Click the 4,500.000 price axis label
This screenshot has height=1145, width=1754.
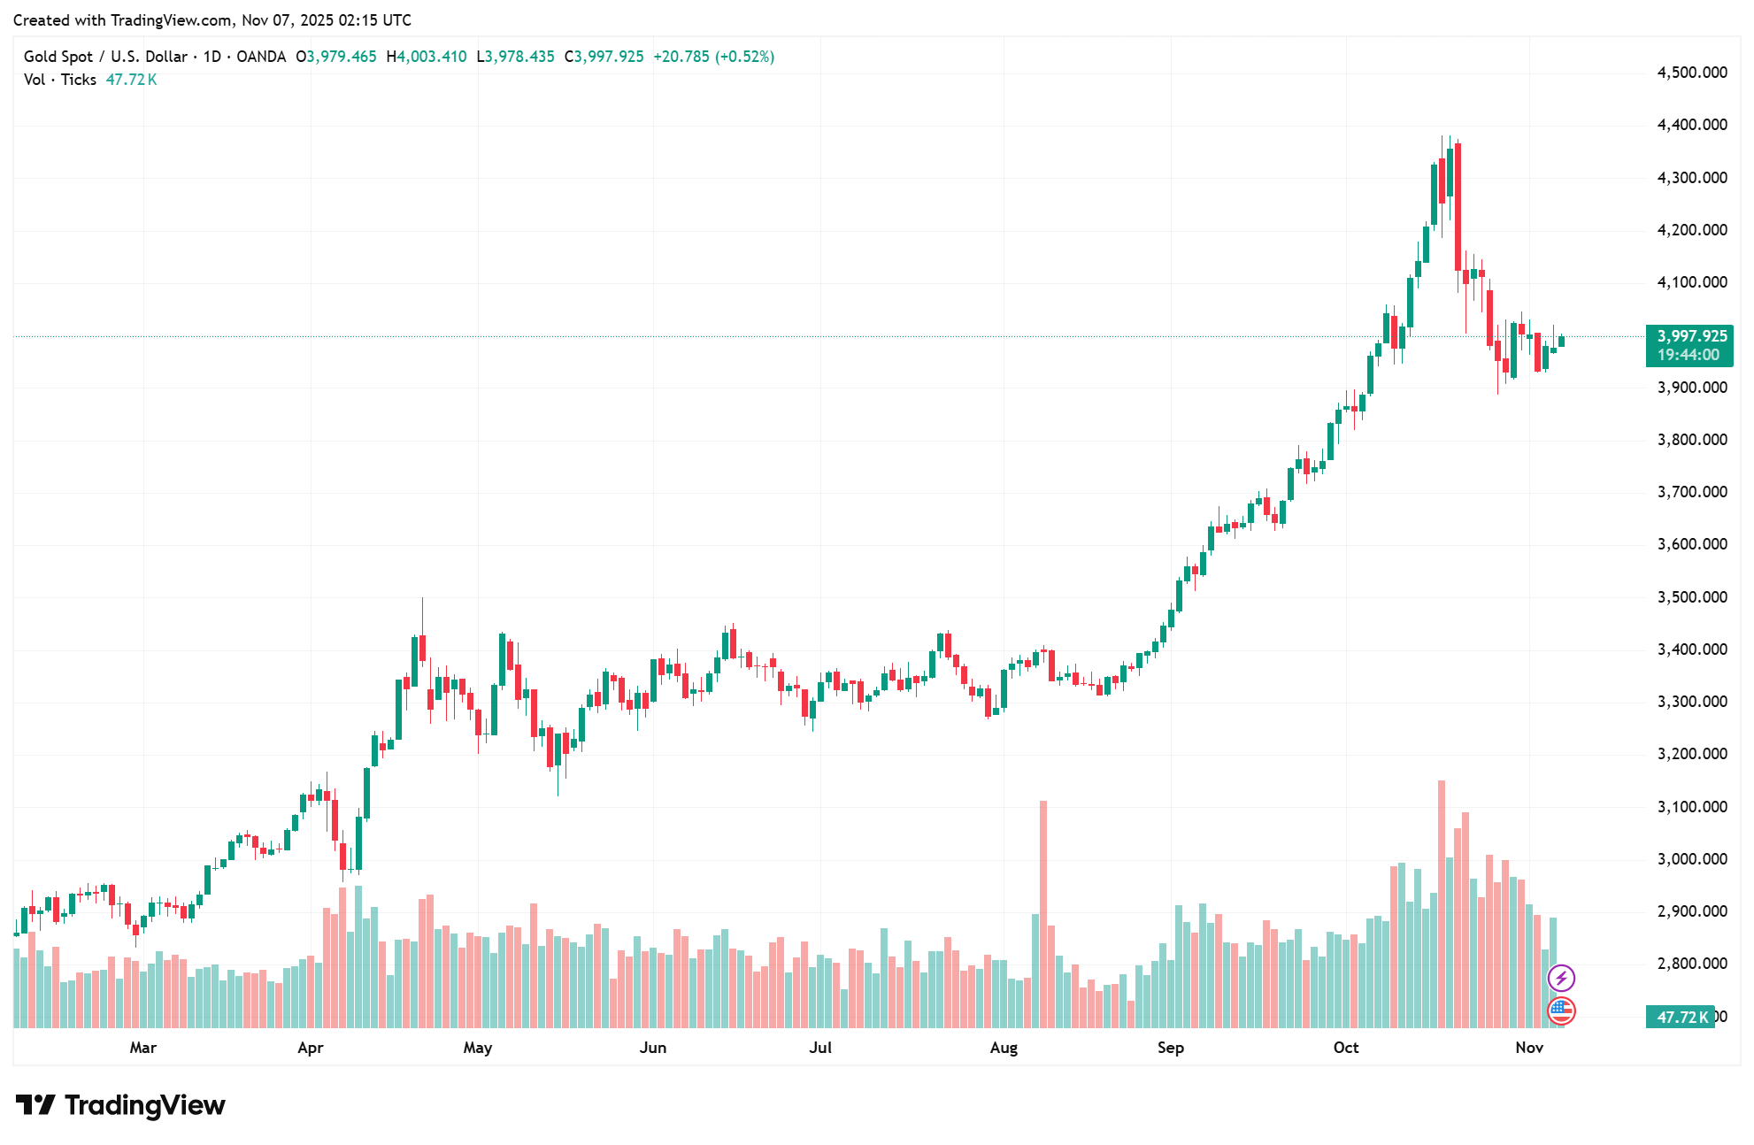point(1691,73)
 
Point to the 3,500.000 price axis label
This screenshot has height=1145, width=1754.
point(1691,597)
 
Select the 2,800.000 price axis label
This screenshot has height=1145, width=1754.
point(1691,964)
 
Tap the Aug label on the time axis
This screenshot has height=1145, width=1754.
point(1004,1048)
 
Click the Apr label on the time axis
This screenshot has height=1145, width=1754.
point(311,1048)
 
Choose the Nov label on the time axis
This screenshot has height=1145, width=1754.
point(1529,1048)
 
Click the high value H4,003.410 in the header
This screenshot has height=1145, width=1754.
point(427,57)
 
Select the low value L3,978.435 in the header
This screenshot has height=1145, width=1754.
point(516,57)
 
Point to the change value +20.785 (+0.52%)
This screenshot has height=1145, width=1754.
point(713,57)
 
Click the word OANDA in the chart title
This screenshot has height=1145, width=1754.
point(261,57)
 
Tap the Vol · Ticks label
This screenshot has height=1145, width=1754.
point(60,80)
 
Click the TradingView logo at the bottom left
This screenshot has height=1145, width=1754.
point(121,1105)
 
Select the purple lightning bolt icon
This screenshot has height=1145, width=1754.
point(1561,978)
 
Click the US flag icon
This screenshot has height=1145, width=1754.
point(1561,1010)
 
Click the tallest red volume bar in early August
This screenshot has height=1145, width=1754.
point(1043,911)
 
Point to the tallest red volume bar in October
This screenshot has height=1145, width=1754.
point(1442,903)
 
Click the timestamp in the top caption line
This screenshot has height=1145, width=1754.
point(327,19)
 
